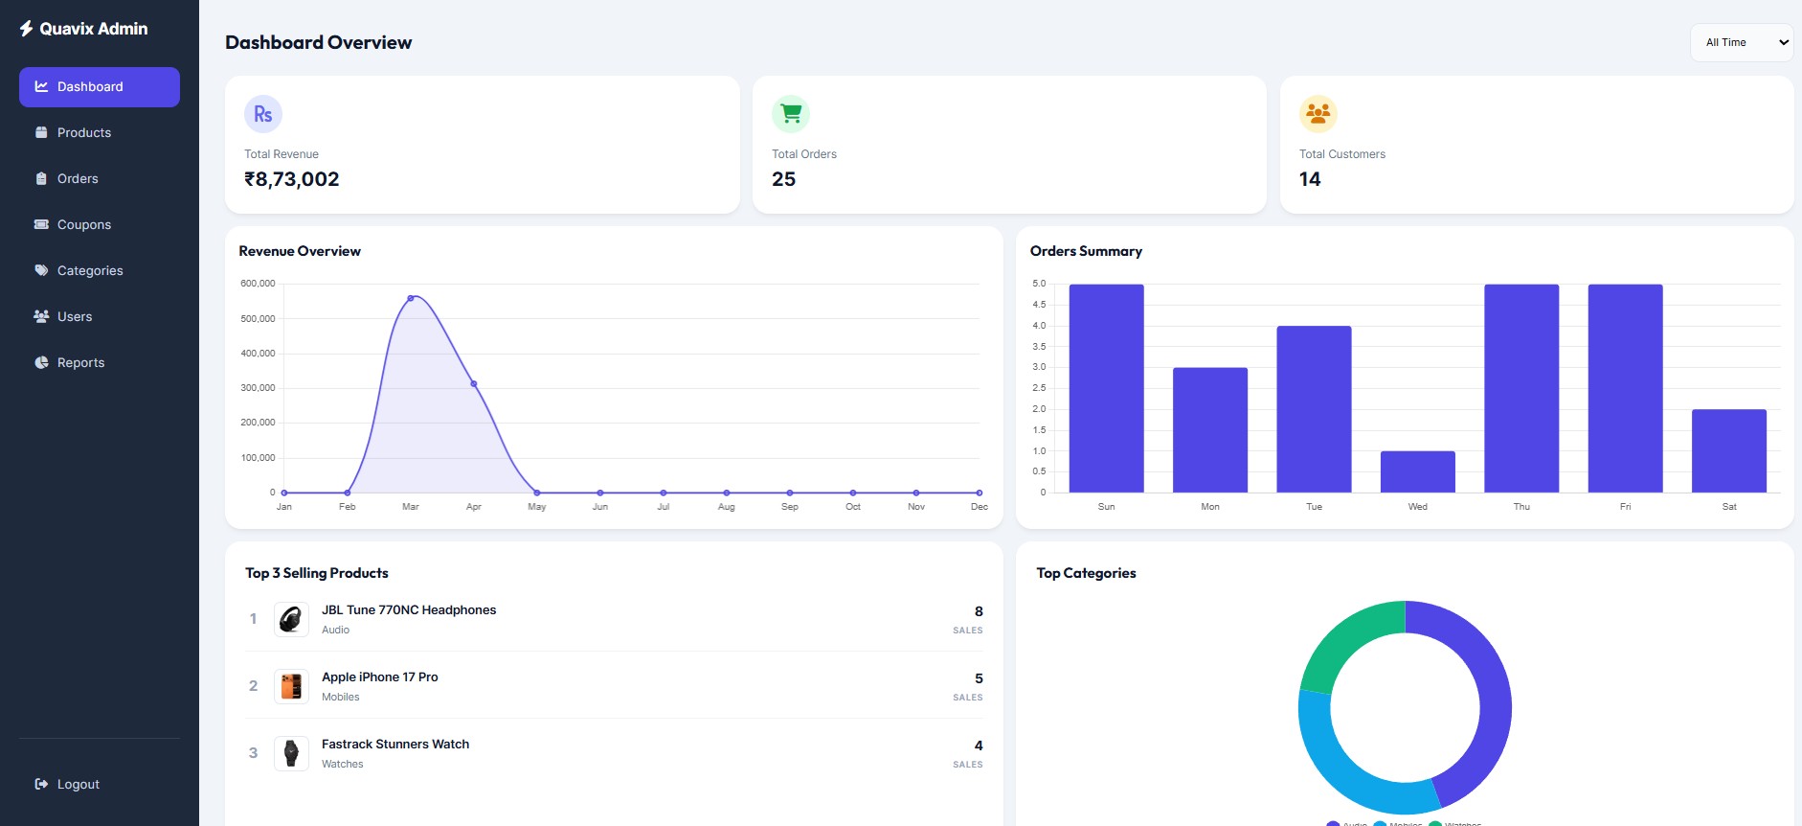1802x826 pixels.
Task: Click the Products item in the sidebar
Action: pos(83,132)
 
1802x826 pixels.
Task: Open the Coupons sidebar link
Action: pos(83,224)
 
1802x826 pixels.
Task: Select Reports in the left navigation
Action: pos(80,362)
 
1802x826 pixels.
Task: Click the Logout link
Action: pos(78,784)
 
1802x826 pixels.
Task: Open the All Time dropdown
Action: pos(1741,42)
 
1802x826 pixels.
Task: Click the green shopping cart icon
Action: pos(791,114)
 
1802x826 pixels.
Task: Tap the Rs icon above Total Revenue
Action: pos(263,114)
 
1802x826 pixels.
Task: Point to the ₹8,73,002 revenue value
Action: pos(292,179)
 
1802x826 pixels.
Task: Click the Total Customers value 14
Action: pos(1310,179)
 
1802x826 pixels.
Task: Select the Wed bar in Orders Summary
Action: pos(1417,471)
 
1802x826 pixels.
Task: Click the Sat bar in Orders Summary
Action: pos(1728,450)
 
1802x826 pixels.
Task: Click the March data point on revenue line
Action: pos(411,298)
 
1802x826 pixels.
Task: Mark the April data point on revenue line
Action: pos(474,384)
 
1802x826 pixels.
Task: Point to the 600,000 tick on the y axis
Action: pos(258,284)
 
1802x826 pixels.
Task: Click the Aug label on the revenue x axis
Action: pos(726,507)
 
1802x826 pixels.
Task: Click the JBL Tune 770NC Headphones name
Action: pos(409,609)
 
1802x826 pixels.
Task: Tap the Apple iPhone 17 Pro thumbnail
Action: pos(291,686)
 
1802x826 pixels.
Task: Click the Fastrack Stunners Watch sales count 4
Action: pos(978,746)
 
